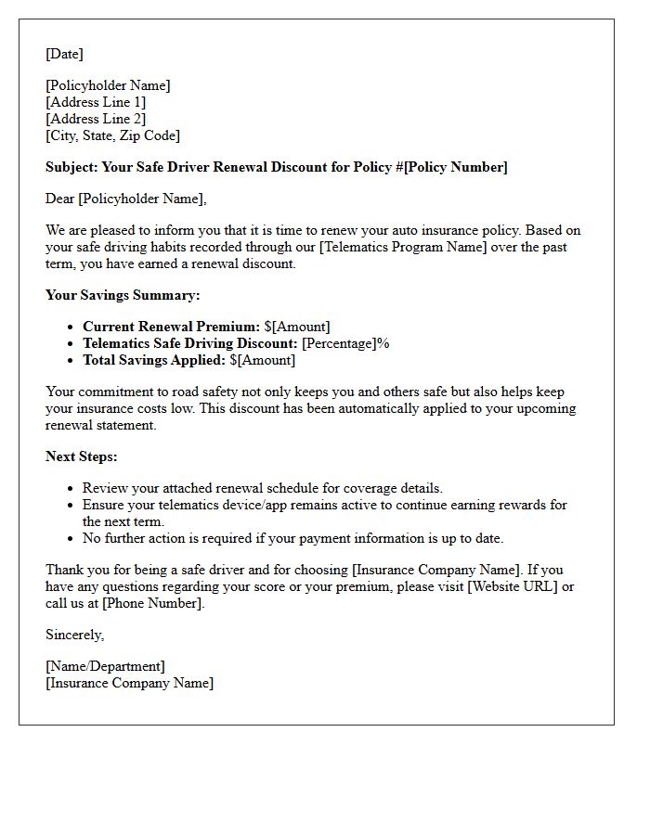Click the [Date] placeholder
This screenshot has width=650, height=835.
[64, 54]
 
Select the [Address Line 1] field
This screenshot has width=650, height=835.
[96, 102]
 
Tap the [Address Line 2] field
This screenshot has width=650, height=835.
[96, 119]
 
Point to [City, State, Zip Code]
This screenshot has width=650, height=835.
[112, 135]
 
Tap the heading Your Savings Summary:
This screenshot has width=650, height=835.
[123, 295]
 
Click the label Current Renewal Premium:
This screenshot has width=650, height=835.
[171, 327]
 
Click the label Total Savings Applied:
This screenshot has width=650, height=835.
[154, 360]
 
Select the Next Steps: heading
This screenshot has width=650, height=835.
[82, 456]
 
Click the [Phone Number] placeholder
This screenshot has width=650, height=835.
[151, 603]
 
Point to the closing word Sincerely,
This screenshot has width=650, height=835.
[75, 635]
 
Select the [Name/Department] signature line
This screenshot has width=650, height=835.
[105, 666]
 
